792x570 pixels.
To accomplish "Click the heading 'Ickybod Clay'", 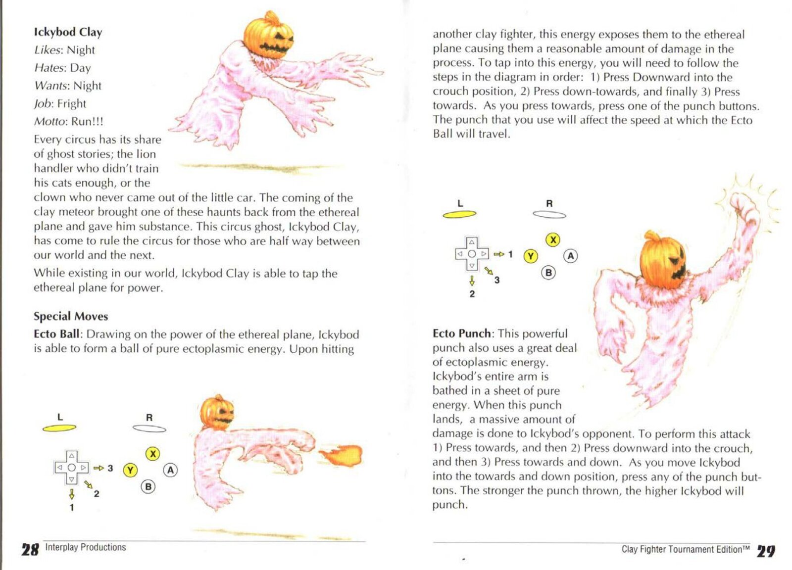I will pos(68,32).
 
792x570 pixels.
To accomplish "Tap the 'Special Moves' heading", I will pos(71,316).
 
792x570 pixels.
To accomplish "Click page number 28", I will pos(30,549).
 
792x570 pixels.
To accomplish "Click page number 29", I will pos(766,551).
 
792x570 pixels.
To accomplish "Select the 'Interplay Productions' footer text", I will pos(86,547).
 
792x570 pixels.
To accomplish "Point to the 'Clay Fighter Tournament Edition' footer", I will pos(686,549).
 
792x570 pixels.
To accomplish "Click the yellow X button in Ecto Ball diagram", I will pos(152,454).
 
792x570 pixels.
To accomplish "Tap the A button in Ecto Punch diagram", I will pos(571,256).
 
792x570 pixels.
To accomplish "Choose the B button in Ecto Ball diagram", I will pos(148,486).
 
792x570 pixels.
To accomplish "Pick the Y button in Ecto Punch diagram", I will pos(531,256).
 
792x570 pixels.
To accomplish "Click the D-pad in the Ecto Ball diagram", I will pos(72,468).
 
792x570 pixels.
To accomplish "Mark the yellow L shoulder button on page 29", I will pos(459,214).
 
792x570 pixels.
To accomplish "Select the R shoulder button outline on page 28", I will pos(149,428).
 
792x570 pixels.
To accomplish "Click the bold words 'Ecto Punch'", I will pos(461,333).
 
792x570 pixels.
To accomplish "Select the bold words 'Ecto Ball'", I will pos(56,334).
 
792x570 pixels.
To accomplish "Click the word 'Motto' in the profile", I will pos(49,122).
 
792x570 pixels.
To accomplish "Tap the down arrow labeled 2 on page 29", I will pos(472,281).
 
